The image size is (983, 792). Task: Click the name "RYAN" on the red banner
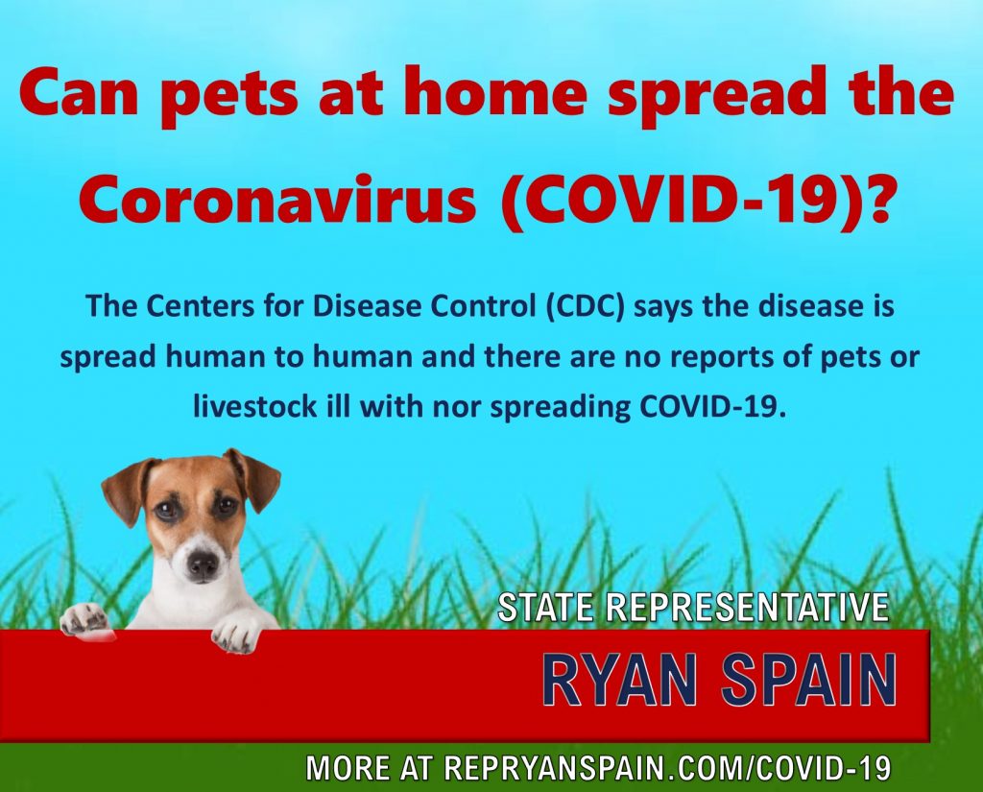[621, 681]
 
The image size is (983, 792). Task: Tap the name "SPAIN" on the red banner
[808, 681]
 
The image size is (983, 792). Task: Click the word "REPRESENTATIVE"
[747, 607]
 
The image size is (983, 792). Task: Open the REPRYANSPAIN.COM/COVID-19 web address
[667, 768]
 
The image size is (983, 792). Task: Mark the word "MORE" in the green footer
[345, 768]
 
